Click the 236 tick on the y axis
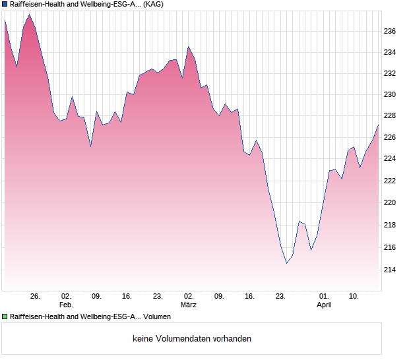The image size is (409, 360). point(391,31)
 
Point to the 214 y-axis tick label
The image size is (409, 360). point(391,270)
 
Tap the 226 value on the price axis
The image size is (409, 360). point(391,137)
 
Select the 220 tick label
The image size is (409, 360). point(391,202)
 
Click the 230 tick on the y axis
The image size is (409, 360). point(391,94)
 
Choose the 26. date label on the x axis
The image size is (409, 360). point(35,296)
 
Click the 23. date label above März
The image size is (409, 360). point(158,296)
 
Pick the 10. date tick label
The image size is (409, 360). point(354,296)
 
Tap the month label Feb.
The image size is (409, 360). point(66,305)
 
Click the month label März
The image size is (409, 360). point(189,305)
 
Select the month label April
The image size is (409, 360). point(324,305)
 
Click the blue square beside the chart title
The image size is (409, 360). point(5,5)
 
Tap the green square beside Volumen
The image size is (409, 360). point(5,316)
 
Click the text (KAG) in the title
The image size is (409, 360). point(153,5)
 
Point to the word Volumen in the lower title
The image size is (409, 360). point(157,316)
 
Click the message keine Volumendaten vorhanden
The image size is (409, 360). point(192,338)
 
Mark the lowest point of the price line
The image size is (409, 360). point(286,263)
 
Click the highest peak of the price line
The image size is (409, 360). point(29,15)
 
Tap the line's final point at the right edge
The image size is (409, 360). point(378,125)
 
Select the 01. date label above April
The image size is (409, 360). point(324,296)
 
